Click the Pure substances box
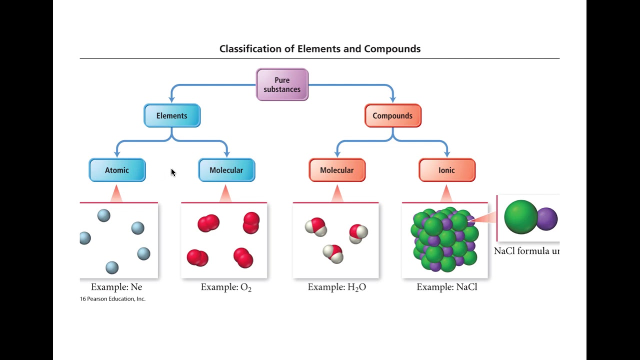pyautogui.click(x=282, y=84)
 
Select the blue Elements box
pyautogui.click(x=172, y=115)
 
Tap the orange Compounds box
pyautogui.click(x=392, y=115)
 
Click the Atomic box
pyautogui.click(x=117, y=170)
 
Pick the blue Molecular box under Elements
pyautogui.click(x=226, y=170)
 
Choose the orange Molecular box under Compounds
pyautogui.click(x=337, y=170)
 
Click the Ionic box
pyautogui.click(x=446, y=170)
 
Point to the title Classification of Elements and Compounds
pyautogui.click(x=320, y=49)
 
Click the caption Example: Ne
pyautogui.click(x=116, y=287)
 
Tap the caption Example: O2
pyautogui.click(x=226, y=287)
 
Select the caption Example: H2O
pyautogui.click(x=336, y=287)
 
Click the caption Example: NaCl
pyautogui.click(x=446, y=287)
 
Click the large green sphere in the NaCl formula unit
pyautogui.click(x=520, y=217)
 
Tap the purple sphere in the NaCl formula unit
pyautogui.click(x=547, y=219)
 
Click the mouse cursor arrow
pyautogui.click(x=173, y=172)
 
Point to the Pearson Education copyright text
pyautogui.click(x=112, y=299)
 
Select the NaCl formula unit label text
pyautogui.click(x=526, y=251)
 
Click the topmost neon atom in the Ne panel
pyautogui.click(x=103, y=215)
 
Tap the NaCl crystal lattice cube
pyautogui.click(x=444, y=240)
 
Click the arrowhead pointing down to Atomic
pyautogui.click(x=117, y=154)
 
